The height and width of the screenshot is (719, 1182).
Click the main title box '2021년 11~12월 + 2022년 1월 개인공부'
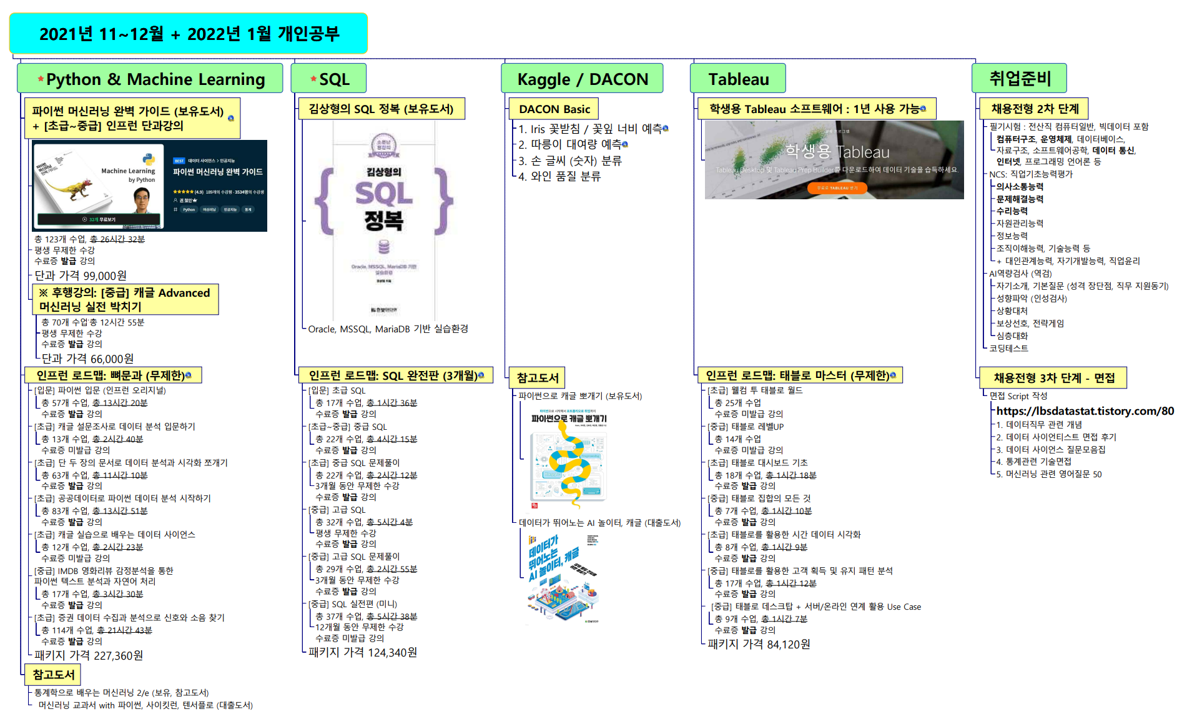pyautogui.click(x=188, y=34)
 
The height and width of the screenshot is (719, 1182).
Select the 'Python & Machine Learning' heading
pyautogui.click(x=150, y=79)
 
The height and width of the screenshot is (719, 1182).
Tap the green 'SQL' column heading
pyautogui.click(x=328, y=79)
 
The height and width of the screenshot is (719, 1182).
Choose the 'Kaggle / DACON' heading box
pyautogui.click(x=582, y=79)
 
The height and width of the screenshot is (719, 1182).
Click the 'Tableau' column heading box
pyautogui.click(x=737, y=79)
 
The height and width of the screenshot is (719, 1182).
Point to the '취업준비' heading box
pyautogui.click(x=1019, y=79)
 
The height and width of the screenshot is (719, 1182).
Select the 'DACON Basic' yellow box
pyautogui.click(x=554, y=109)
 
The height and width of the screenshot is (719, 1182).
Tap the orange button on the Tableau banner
pyautogui.click(x=837, y=187)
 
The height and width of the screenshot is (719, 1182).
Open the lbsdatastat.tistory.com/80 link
pyautogui.click(x=1085, y=411)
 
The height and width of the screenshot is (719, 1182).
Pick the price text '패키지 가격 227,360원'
pyautogui.click(x=89, y=655)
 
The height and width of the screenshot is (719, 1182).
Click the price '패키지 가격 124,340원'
pyautogui.click(x=363, y=652)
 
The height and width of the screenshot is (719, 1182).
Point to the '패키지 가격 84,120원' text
pyautogui.click(x=759, y=644)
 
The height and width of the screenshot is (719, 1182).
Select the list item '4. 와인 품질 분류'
pyautogui.click(x=559, y=176)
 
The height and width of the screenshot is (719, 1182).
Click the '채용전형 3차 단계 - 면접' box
pyautogui.click(x=1053, y=378)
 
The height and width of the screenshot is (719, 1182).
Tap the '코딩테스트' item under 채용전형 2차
pyautogui.click(x=1008, y=349)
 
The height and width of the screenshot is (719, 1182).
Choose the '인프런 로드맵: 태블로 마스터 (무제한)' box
pyautogui.click(x=799, y=375)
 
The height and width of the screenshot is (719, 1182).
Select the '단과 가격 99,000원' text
pyautogui.click(x=81, y=275)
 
